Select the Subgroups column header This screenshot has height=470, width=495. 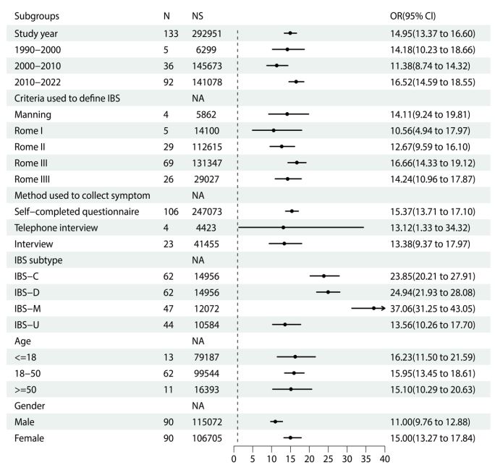click(33, 15)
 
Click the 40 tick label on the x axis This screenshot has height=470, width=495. click(385, 458)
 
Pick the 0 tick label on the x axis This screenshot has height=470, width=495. click(234, 458)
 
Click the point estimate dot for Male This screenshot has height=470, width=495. click(275, 422)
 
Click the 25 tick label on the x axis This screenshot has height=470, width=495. click(329, 458)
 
